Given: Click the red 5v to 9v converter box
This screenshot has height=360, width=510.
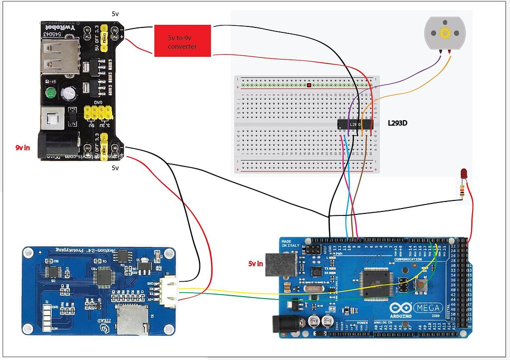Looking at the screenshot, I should coord(182,40).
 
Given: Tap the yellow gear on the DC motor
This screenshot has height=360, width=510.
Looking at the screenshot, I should coord(444,33).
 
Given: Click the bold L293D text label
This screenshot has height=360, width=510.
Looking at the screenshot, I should coord(397,122).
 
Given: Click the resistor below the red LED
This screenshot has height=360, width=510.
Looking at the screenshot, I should coord(464,190).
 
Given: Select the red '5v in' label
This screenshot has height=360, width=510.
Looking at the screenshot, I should coord(256,263).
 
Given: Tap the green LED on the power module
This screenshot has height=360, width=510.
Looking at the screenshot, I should coord(50,93).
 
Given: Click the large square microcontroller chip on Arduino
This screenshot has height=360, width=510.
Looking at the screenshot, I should coord(377,282).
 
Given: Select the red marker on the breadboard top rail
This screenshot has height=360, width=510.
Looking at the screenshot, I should coord(309,85).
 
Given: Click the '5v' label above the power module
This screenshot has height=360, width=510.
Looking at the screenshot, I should coord(115,13).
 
